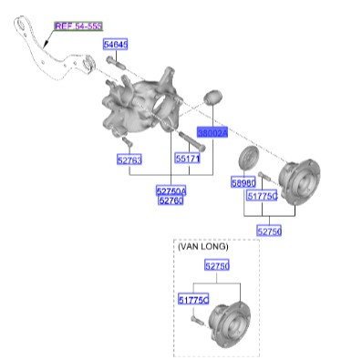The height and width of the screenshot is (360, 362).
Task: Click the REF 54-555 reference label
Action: click(x=78, y=26)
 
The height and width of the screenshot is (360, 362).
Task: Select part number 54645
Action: click(x=116, y=45)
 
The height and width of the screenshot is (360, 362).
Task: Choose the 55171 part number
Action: click(x=187, y=159)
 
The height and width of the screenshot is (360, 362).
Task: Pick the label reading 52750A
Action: click(x=171, y=190)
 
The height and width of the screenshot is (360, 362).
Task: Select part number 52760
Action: click(x=171, y=201)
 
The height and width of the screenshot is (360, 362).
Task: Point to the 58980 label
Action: click(x=242, y=183)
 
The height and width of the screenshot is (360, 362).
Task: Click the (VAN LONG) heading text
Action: click(x=202, y=247)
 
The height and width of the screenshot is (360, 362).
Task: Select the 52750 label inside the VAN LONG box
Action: click(x=217, y=266)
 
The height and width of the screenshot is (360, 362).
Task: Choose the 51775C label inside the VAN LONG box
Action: click(x=192, y=299)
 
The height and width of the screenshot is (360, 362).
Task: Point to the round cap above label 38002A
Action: click(x=214, y=98)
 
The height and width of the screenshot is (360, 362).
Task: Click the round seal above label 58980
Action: click(x=245, y=157)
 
